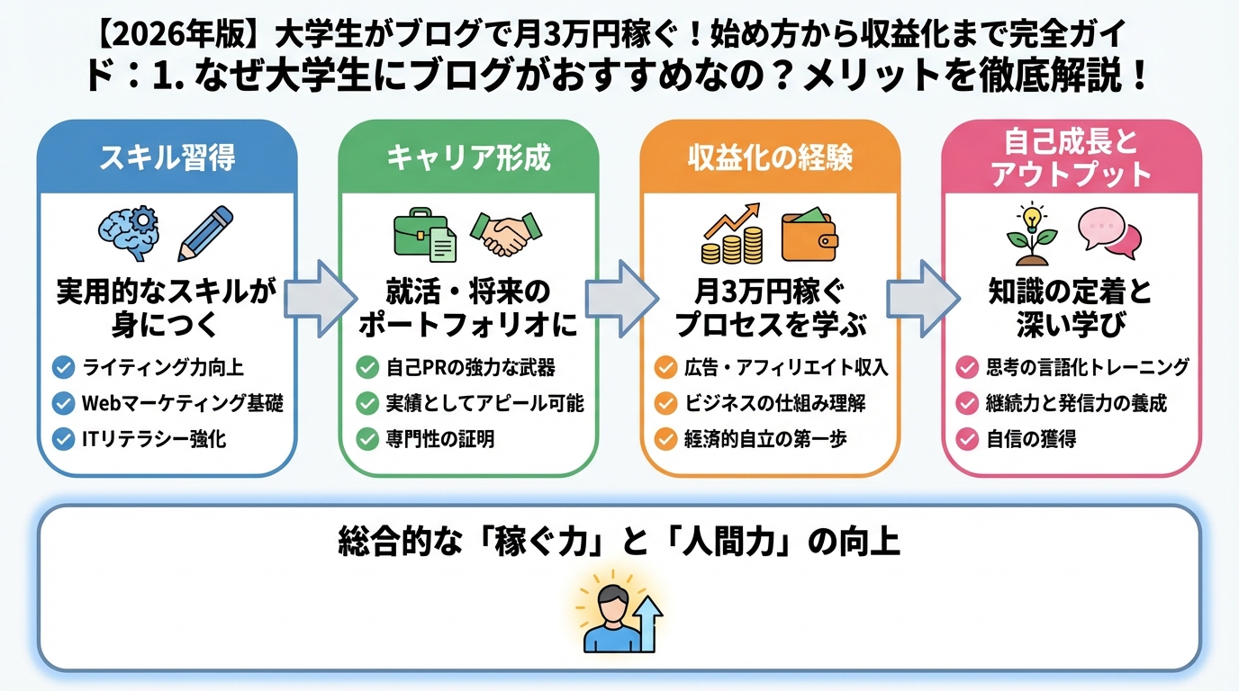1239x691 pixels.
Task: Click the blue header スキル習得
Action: [167, 158]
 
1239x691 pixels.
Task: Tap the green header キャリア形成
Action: [468, 158]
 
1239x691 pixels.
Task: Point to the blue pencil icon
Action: [205, 232]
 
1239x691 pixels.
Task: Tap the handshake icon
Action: [502, 234]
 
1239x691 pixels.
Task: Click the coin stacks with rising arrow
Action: [731, 234]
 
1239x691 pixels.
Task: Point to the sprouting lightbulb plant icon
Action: [1030, 234]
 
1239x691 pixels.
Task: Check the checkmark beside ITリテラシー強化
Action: [63, 439]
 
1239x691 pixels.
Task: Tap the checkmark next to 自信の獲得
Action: [967, 439]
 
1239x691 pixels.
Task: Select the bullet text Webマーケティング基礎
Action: [182, 403]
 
